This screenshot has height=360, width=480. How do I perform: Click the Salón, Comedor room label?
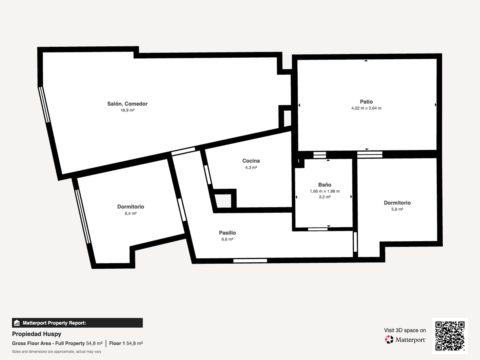click(127, 104)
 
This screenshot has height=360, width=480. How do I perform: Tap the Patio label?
click(366, 102)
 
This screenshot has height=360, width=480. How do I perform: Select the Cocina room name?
click(251, 161)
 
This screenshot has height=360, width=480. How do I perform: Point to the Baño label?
click(325, 185)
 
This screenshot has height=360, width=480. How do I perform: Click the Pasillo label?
click(228, 233)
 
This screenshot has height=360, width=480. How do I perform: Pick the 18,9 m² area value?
click(128, 110)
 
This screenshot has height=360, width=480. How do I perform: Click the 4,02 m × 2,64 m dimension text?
click(366, 108)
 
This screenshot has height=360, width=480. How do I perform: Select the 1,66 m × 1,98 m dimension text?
click(325, 191)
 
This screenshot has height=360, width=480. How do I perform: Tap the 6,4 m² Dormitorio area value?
click(131, 213)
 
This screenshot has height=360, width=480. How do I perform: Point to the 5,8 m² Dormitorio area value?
click(397, 209)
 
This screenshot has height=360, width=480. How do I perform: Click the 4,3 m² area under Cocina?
click(251, 168)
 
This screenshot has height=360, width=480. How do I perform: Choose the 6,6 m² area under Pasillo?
click(228, 239)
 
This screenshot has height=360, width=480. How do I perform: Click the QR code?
click(450, 336)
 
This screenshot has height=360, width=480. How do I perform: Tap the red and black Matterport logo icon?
click(389, 340)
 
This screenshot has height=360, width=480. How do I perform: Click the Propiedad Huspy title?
click(36, 334)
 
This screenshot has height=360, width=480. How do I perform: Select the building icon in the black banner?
click(17, 323)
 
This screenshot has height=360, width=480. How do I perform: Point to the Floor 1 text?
click(117, 343)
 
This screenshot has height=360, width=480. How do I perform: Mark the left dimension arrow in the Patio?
click(299, 105)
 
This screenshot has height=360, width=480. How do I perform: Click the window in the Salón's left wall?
click(44, 105)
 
